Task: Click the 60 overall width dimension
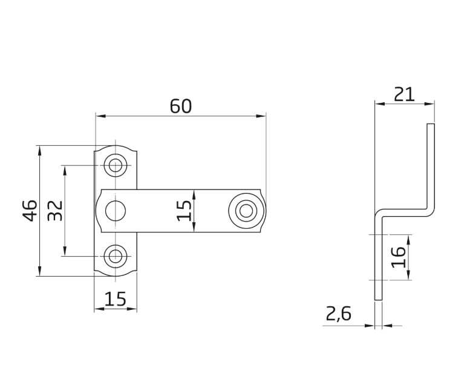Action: pos(180,106)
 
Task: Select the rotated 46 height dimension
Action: pos(31,211)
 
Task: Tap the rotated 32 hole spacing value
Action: pos(55,211)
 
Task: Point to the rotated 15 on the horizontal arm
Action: pos(185,211)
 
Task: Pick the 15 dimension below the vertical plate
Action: pos(115,299)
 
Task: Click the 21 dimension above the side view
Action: pos(404,94)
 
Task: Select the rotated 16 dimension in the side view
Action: pos(397,257)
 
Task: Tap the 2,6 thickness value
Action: pos(338,314)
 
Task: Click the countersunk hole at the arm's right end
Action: pos(245,211)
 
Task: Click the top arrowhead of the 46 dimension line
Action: pos(40,149)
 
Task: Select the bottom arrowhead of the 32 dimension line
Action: pos(65,252)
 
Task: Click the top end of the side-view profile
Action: pos(431,125)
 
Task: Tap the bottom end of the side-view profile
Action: pos(378,299)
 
